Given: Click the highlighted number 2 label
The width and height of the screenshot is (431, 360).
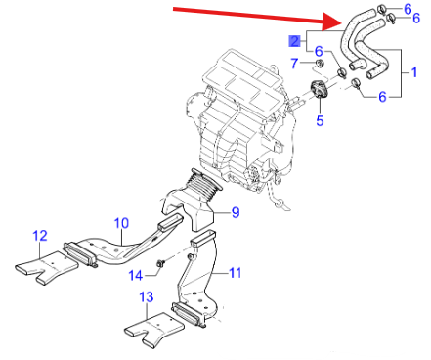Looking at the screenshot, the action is pyautogui.click(x=294, y=41).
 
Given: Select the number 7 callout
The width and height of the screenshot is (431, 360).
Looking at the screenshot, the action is pyautogui.click(x=294, y=64).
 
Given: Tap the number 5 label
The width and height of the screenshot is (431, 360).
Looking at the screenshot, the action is pyautogui.click(x=320, y=120).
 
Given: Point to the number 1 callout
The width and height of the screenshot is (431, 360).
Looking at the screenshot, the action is pyautogui.click(x=414, y=72).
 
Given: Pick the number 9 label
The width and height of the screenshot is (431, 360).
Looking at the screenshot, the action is pyautogui.click(x=236, y=212).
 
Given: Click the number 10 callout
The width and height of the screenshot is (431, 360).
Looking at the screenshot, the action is pyautogui.click(x=121, y=223).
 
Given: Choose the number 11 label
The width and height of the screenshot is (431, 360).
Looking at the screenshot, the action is pyautogui.click(x=236, y=273).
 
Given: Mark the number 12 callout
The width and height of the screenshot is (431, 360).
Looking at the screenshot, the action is pyautogui.click(x=40, y=236).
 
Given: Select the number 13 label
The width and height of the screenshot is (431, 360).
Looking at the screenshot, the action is pyautogui.click(x=147, y=297).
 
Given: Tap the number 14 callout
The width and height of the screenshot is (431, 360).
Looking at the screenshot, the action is pyautogui.click(x=136, y=276).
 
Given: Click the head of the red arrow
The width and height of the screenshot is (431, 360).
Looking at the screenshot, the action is pyautogui.click(x=332, y=22).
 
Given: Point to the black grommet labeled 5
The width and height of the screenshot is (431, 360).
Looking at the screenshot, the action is pyautogui.click(x=319, y=89).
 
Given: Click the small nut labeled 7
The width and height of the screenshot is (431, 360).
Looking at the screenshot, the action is pyautogui.click(x=320, y=63).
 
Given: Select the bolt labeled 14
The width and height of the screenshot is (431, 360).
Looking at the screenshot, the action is pyautogui.click(x=161, y=263).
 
